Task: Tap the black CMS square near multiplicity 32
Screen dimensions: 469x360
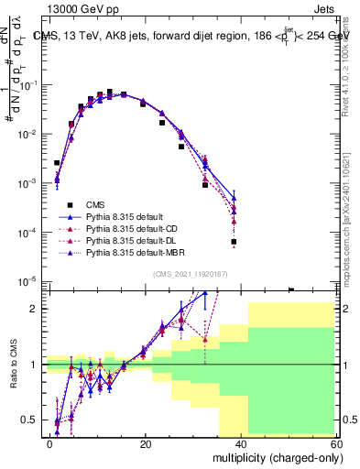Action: pyautogui.click(x=205, y=184)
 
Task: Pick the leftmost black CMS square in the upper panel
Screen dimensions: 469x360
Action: pyautogui.click(x=57, y=163)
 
